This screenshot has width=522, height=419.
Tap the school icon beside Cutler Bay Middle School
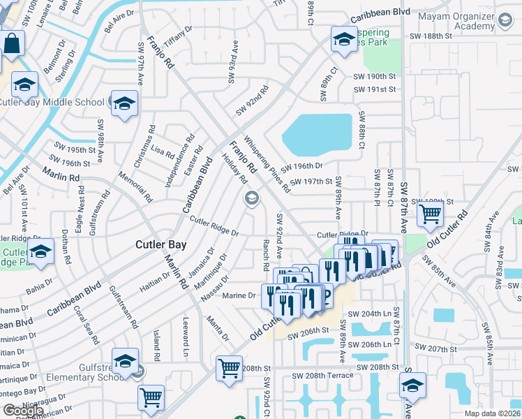124,104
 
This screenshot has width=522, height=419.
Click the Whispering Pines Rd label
267,163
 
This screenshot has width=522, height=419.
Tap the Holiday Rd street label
233,168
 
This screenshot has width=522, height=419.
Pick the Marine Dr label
239,295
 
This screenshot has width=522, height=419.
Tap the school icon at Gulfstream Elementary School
124,361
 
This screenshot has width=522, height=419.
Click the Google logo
23,411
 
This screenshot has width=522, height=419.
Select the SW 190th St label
375,76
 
